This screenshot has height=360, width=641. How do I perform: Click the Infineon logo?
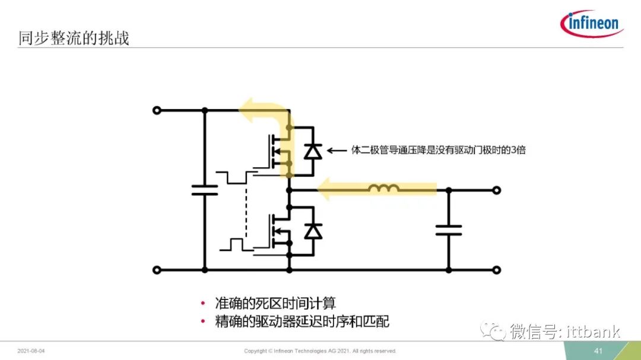point(591,23)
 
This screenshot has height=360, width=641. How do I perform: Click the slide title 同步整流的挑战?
point(74,38)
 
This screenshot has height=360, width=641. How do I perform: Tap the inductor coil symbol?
point(383,189)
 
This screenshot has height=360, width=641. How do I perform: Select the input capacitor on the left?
point(204,190)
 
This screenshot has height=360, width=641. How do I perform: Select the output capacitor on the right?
point(449,230)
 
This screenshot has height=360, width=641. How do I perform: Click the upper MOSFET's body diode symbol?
point(313,152)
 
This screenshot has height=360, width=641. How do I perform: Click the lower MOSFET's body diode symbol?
point(313,231)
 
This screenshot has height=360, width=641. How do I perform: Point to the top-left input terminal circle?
point(157,110)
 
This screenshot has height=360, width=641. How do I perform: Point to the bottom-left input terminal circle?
point(157,270)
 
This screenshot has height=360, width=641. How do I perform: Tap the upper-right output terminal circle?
point(496,190)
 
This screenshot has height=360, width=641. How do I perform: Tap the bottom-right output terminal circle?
point(496,270)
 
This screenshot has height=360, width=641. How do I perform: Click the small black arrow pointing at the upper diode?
point(337,151)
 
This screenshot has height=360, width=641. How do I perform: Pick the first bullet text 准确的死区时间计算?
point(275,303)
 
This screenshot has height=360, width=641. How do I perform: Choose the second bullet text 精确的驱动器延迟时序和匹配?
point(302,321)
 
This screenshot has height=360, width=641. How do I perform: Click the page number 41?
point(598,351)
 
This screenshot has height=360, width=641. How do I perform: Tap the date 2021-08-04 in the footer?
point(31,351)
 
